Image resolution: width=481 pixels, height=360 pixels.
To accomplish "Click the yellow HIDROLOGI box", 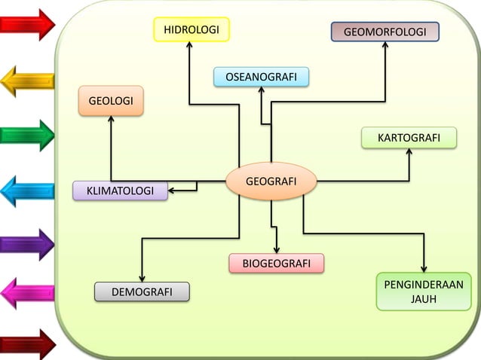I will pos(191,29).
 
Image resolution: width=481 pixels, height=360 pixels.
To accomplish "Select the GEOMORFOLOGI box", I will pos(384,32).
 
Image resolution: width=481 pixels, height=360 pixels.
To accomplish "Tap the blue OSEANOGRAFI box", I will pos(261,76).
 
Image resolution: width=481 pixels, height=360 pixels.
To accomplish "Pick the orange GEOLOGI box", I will pos(111,101).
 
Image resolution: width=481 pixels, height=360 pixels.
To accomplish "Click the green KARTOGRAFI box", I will pos(409,138).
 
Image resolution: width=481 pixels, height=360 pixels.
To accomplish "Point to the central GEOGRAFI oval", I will pos(271,181).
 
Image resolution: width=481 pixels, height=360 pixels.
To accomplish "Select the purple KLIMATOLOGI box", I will pos(121,191).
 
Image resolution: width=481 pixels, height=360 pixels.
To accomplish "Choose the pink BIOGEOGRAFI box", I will pos(277,263).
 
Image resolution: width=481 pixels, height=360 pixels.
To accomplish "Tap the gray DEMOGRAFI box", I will pos(142,291).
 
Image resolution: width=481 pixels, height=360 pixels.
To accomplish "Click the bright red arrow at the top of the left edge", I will pos(27,24).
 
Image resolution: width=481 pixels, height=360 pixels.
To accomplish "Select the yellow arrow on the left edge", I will pos(27,80).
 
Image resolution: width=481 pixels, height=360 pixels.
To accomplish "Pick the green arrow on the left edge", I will pos(27,136).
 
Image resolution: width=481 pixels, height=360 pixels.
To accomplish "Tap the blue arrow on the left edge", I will pos(27,191).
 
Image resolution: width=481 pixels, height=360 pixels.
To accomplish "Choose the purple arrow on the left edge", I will pos(27,244).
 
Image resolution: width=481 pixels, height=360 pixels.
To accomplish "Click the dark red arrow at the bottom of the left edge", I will pos(27,344).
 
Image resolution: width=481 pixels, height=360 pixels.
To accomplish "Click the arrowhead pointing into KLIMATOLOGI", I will pos(173,191).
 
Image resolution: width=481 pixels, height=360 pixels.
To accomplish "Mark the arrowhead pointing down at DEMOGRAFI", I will pos(142,278).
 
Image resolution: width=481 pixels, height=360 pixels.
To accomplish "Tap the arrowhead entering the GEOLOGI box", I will pos(111,119).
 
